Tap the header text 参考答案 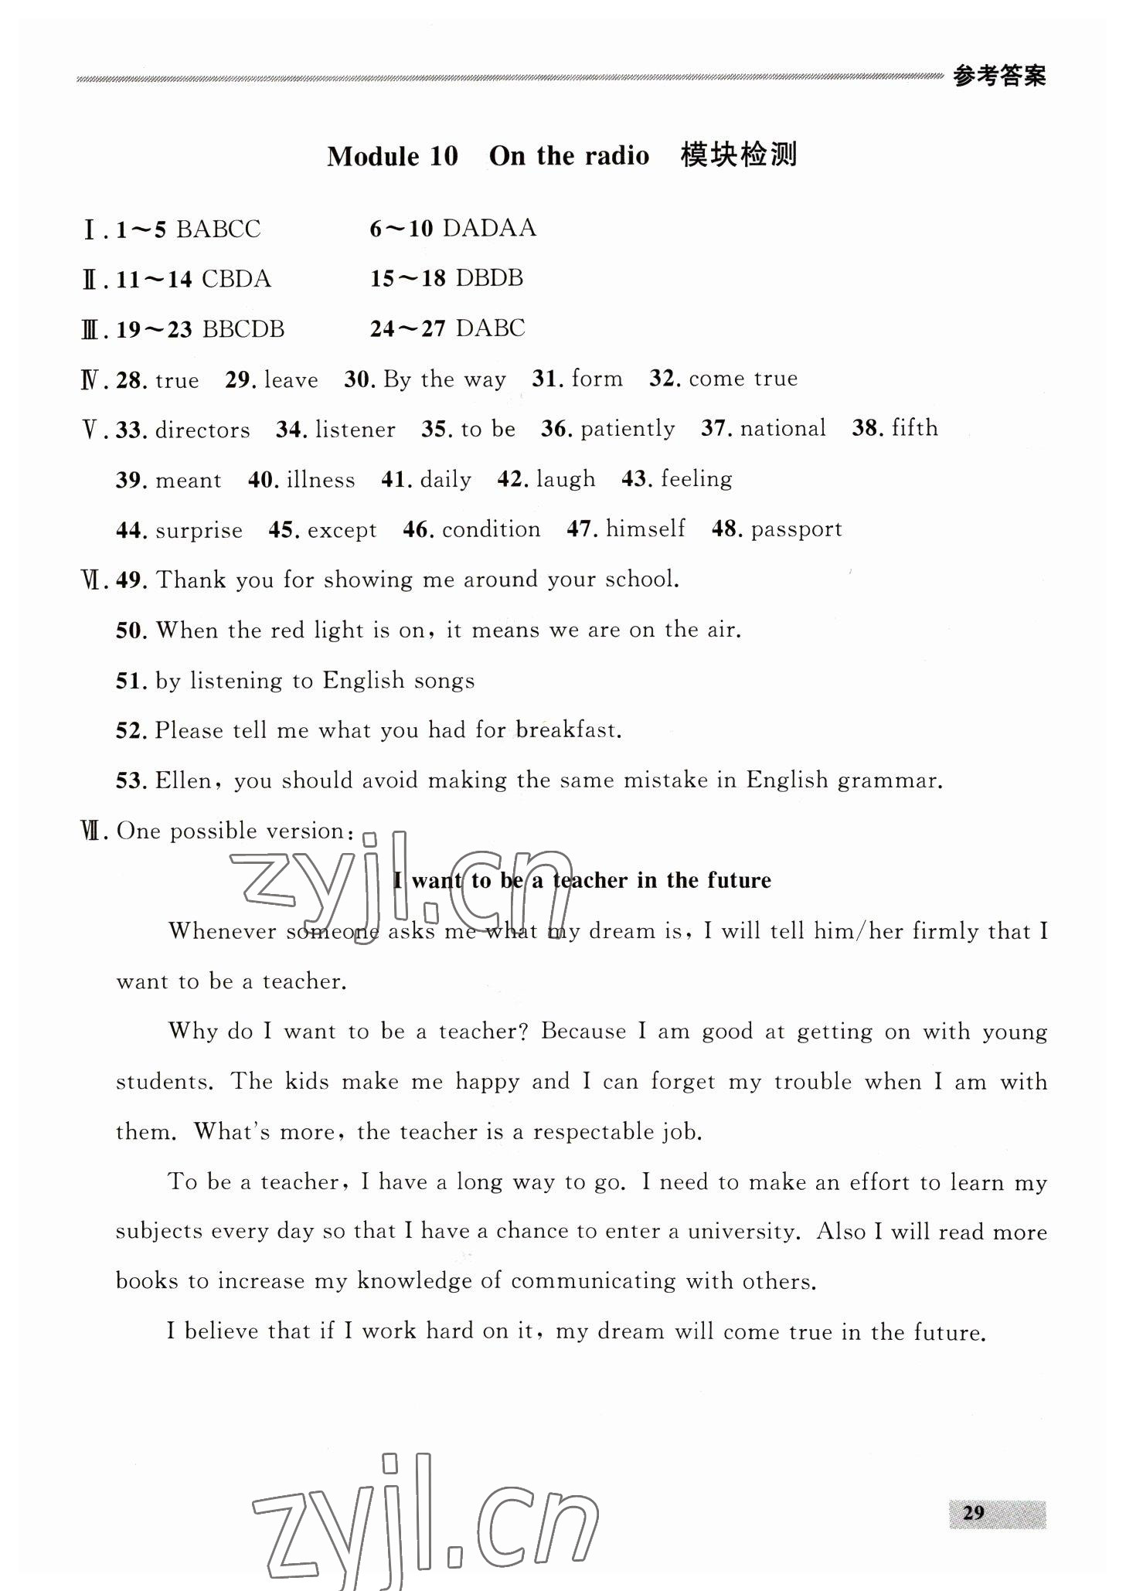[x=999, y=76]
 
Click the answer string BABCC [x=219, y=229]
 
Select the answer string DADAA [x=490, y=228]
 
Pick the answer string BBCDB [x=243, y=329]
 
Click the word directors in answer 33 [x=202, y=430]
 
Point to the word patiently [x=628, y=429]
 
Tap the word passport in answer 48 [x=796, y=529]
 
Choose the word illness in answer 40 [x=321, y=480]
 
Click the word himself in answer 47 [x=645, y=529]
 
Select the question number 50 [x=131, y=631]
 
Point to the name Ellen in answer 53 [x=183, y=780]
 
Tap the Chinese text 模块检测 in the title [x=738, y=155]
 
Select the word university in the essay [x=742, y=1232]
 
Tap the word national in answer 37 [x=782, y=428]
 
